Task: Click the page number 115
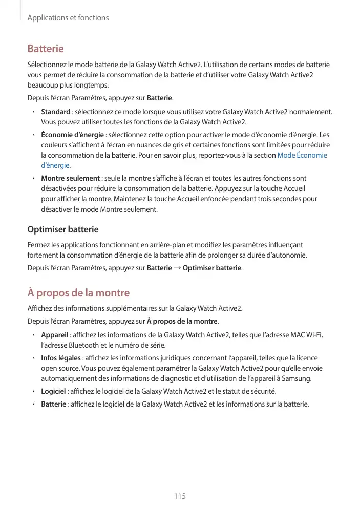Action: pos(179,496)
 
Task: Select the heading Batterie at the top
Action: pos(45,49)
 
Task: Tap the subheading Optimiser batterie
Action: pos(62,229)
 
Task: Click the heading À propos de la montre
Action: pos(78,293)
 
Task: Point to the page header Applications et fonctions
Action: pos(68,18)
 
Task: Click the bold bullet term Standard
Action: pos(55,112)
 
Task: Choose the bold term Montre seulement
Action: pos(70,178)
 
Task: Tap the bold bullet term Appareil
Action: pos(55,335)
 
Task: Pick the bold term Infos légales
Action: pos(61,357)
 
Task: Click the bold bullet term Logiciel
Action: pos(54,391)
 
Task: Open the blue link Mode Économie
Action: pos(302,155)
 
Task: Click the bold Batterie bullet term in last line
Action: pos(53,405)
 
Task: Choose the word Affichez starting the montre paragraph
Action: pos(40,308)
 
